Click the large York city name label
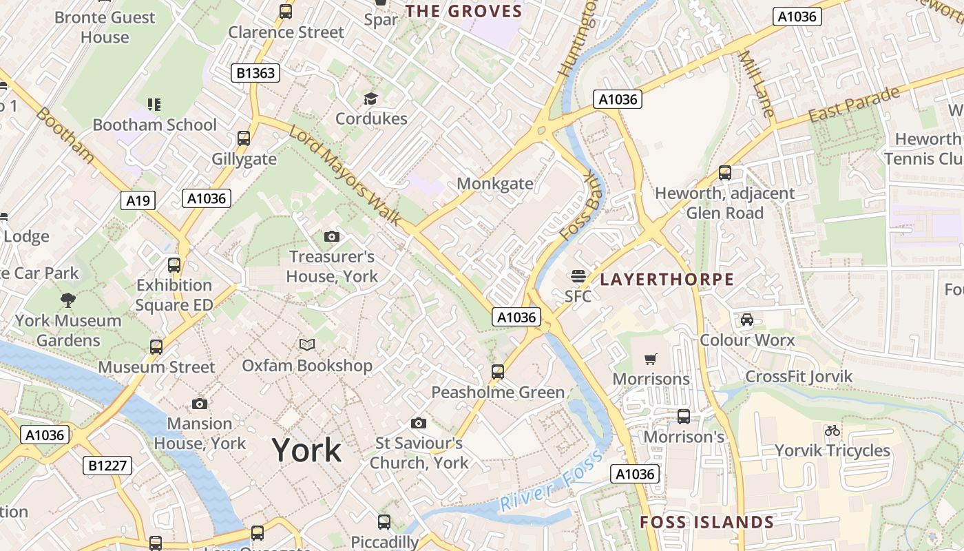coord(306,450)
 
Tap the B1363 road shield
coord(255,73)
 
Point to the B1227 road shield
coord(108,466)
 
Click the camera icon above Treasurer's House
coord(331,237)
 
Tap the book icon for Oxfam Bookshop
coord(306,344)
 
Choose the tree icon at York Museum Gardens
coord(67,300)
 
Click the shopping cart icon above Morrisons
coord(650,359)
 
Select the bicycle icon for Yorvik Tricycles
coord(832,430)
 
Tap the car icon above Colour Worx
coord(746,319)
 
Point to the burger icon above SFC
coord(578,277)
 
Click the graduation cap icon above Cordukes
coord(370,98)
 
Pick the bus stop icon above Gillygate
coord(243,138)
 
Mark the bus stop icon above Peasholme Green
coord(497,372)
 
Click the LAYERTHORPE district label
coord(667,279)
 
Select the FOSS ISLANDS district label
coord(706,522)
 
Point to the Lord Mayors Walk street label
coord(344,175)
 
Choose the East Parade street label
coord(855,105)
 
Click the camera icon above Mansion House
coord(200,404)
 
